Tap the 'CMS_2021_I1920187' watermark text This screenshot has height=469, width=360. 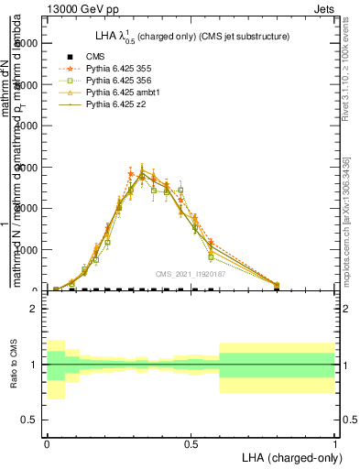tap(191, 274)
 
